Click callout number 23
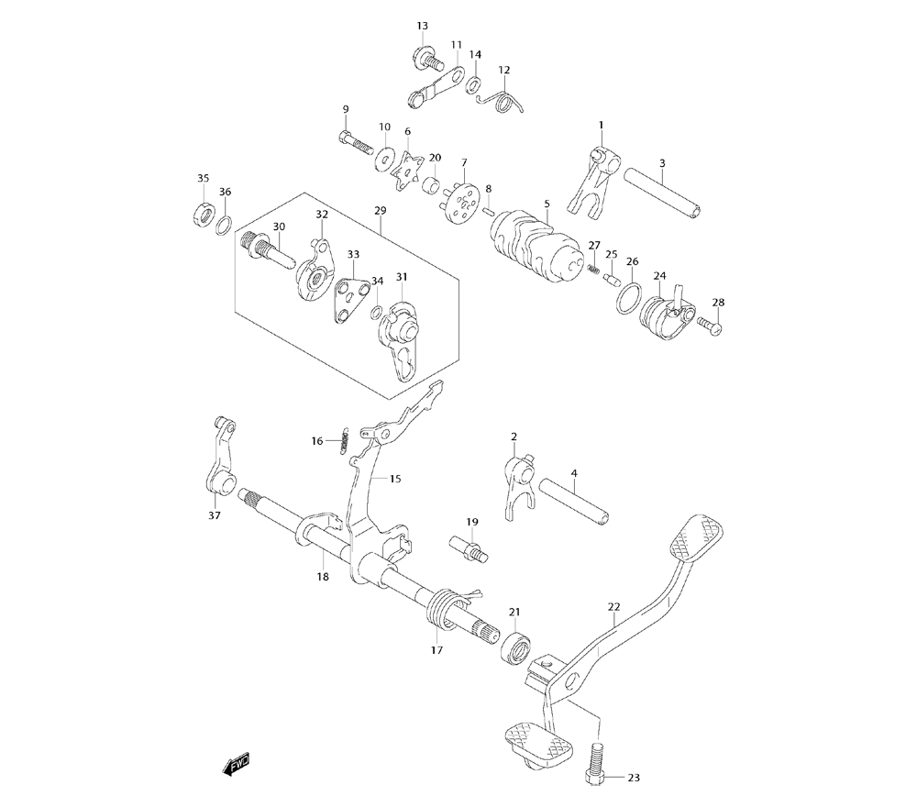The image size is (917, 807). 633,778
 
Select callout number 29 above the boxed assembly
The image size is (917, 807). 381,210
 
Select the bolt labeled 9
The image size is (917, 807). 352,142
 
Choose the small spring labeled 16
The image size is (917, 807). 345,441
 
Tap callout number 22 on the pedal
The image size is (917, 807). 613,606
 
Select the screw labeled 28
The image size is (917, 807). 709,324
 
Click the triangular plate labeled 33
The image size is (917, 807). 351,299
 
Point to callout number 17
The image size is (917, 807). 436,649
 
